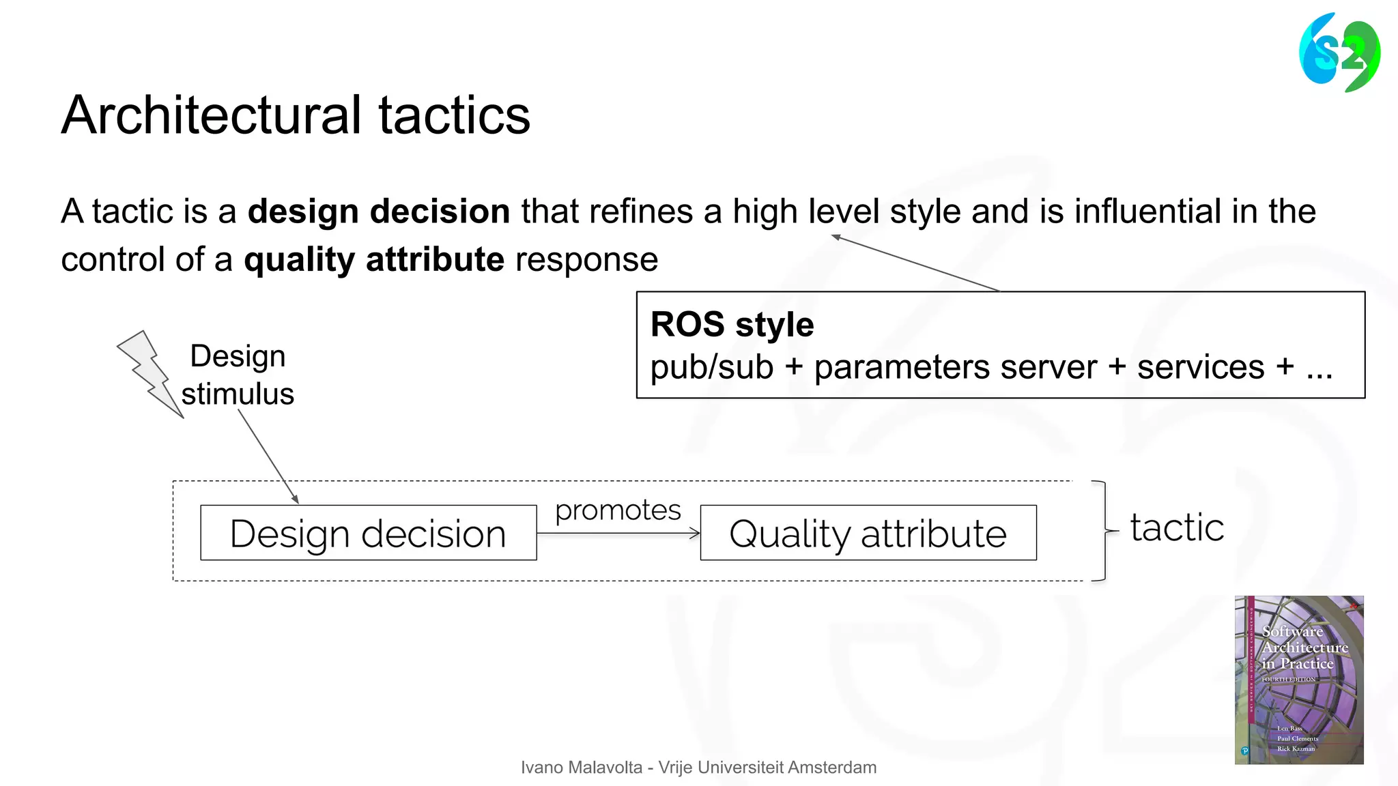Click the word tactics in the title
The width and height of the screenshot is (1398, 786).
[454, 115]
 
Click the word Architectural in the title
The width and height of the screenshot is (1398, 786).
[211, 115]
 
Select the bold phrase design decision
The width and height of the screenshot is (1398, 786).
[378, 212]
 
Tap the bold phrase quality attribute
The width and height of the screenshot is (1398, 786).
[373, 260]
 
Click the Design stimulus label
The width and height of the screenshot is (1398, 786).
[238, 375]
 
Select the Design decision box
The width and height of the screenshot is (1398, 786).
[368, 533]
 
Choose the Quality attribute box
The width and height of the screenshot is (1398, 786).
[868, 533]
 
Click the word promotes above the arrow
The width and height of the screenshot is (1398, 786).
[618, 510]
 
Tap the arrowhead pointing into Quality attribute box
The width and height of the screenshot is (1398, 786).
[696, 533]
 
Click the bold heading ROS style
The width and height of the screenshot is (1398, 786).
[732, 324]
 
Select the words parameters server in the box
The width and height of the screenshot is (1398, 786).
[955, 368]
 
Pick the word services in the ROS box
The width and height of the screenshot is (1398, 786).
[1201, 368]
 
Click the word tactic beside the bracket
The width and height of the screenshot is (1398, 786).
[1177, 527]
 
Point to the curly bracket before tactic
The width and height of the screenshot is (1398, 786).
[1103, 531]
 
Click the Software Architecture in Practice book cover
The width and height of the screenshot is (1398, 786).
[1298, 680]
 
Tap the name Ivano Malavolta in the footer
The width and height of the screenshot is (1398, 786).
[581, 768]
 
